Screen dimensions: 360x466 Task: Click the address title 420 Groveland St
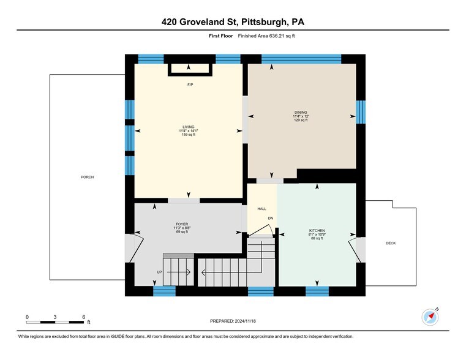(x=233, y=23)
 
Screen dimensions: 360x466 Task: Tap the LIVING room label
(x=188, y=127)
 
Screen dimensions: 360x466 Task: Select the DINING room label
(x=301, y=113)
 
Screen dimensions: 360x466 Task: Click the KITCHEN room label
(x=317, y=231)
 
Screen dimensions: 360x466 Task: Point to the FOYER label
(x=181, y=225)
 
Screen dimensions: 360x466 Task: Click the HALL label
(x=261, y=209)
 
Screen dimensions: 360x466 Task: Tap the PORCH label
(x=87, y=177)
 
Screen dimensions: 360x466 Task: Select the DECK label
(x=391, y=243)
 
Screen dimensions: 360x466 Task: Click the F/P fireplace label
(x=190, y=84)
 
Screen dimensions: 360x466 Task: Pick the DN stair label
(x=270, y=219)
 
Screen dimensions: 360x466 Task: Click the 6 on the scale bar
(x=83, y=317)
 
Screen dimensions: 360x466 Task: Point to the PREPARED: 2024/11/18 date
(x=233, y=321)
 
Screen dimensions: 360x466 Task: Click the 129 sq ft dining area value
(x=301, y=120)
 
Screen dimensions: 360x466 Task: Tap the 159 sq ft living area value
(x=188, y=134)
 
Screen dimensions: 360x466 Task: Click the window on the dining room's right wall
(x=360, y=112)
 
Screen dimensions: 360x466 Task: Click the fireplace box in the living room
(x=190, y=69)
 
